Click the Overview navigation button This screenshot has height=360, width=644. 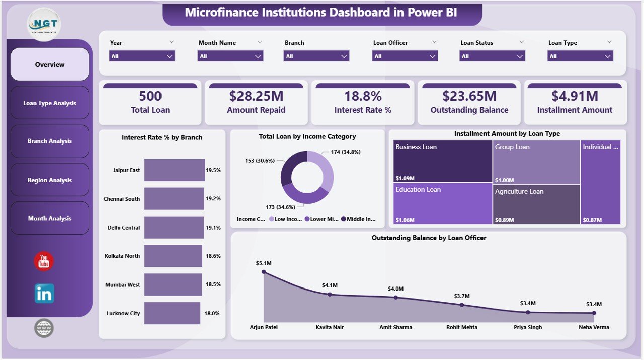coord(50,64)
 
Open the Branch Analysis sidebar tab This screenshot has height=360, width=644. coord(50,141)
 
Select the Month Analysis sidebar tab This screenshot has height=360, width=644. coord(50,219)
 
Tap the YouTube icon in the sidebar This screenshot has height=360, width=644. coord(44,261)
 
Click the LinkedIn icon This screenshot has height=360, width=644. coord(44,294)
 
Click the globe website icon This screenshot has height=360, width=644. coord(44,328)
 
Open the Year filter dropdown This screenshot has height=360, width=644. coord(142,56)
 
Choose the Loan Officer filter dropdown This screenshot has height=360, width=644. coord(405,56)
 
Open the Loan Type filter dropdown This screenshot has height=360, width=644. coord(580,56)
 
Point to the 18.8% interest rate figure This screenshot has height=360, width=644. coord(362,96)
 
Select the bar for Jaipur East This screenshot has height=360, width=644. coord(174,170)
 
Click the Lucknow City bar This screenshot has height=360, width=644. coord(172,313)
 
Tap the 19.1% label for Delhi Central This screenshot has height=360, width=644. coord(213,228)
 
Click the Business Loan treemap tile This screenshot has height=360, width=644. coord(443,161)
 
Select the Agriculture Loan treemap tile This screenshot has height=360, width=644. coord(536,204)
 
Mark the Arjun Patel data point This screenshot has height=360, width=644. coord(264,272)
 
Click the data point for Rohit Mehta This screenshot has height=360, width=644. coord(462,305)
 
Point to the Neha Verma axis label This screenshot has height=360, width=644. coord(594,327)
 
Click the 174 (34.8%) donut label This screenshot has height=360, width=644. coord(346,152)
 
